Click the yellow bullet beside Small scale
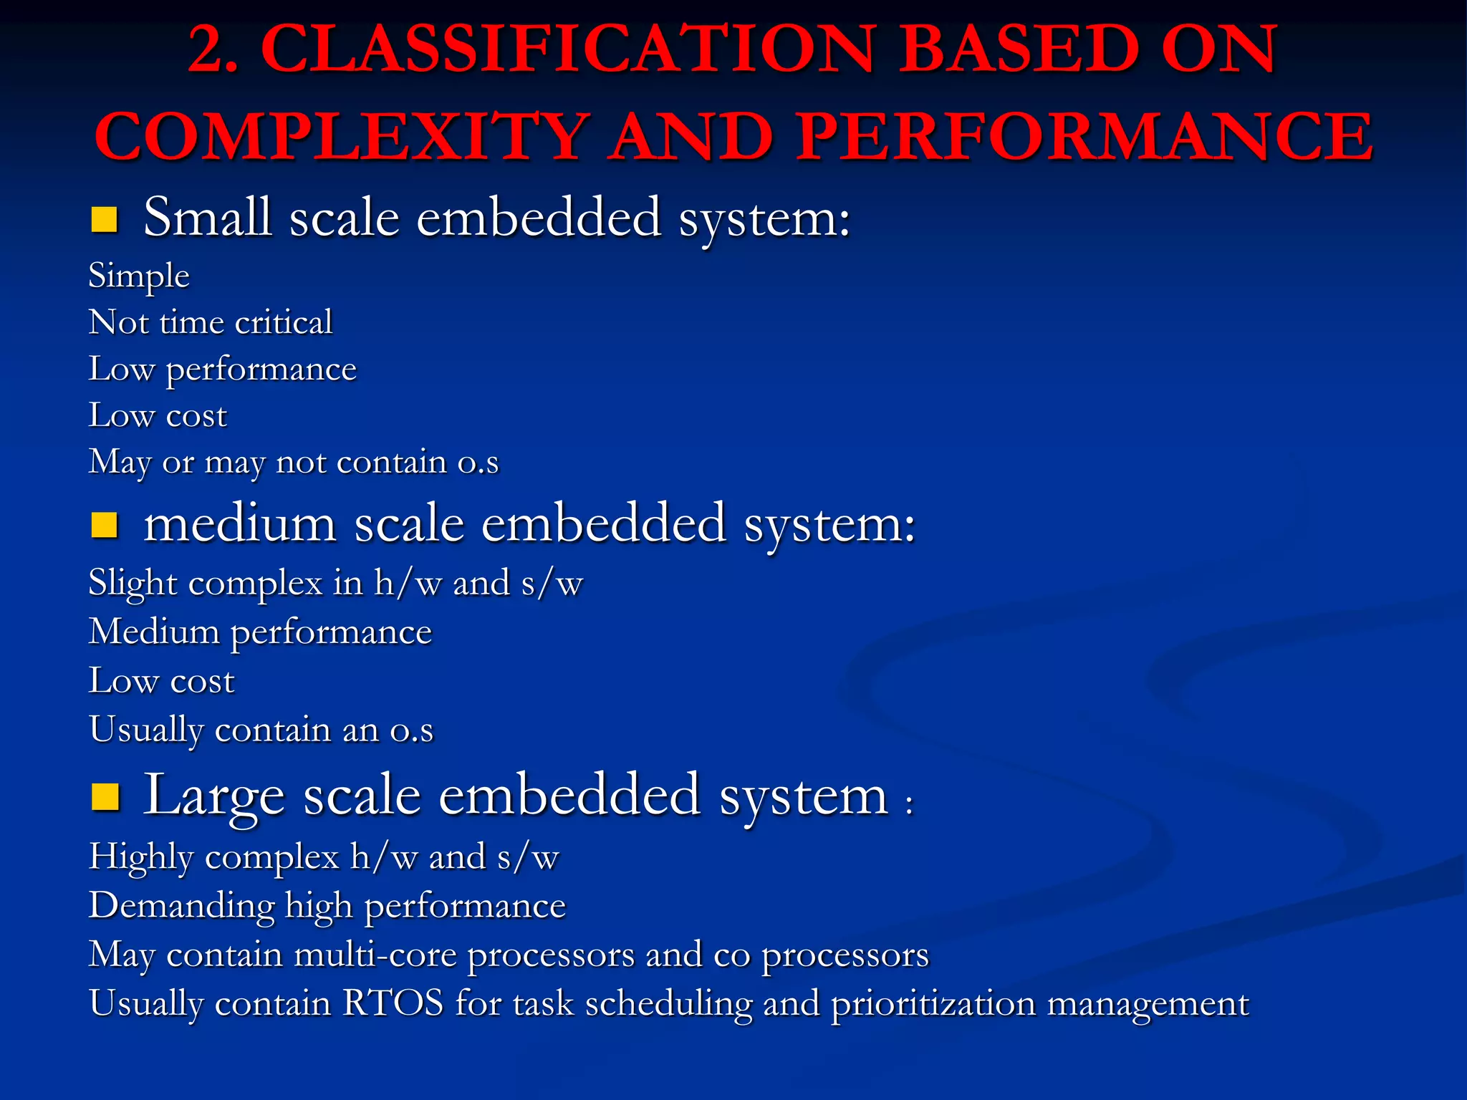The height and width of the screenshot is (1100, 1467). (x=105, y=220)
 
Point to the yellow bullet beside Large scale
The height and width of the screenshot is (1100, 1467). (x=105, y=796)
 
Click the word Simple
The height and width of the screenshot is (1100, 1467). (x=139, y=276)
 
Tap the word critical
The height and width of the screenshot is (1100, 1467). (x=284, y=322)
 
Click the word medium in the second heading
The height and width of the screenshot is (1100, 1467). (x=240, y=524)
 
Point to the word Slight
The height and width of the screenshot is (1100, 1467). (x=133, y=583)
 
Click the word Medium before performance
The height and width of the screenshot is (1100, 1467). (x=154, y=632)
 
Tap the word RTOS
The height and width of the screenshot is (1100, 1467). (x=393, y=1003)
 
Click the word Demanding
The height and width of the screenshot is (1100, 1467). (x=181, y=906)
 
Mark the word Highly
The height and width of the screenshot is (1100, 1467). (x=141, y=857)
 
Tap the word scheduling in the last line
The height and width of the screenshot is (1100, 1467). (x=668, y=1004)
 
